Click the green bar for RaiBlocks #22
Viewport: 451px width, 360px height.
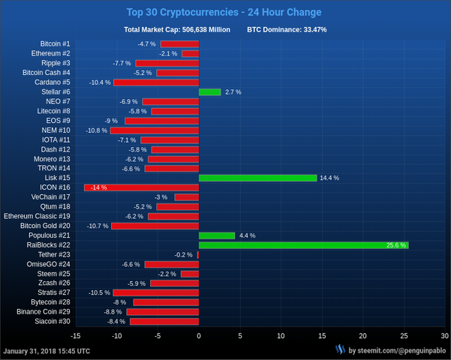(303, 245)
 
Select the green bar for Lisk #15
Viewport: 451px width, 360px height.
(257, 178)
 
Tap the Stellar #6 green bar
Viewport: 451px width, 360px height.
(209, 91)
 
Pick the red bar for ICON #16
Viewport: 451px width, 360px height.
(141, 187)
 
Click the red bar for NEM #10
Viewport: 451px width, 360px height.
(155, 130)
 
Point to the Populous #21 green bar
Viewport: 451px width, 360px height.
(217, 235)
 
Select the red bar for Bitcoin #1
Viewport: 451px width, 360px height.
(179, 44)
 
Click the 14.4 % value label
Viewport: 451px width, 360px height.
(329, 178)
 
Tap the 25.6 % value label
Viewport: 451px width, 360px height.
(395, 245)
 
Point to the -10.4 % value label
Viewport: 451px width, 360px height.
(100, 82)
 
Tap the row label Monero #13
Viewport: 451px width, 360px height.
(52, 159)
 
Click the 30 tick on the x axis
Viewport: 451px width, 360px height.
(445, 335)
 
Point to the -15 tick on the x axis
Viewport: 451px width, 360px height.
(75, 335)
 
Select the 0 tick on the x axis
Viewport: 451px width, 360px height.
(199, 335)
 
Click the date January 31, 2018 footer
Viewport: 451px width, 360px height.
(47, 350)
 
